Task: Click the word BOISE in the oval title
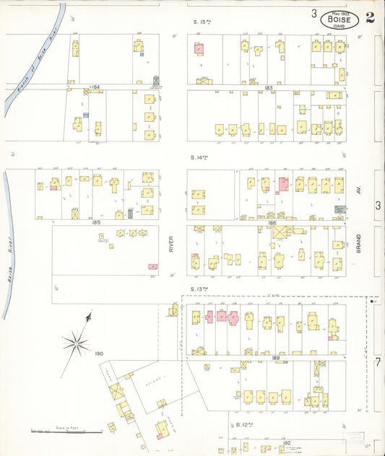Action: pos(339,19)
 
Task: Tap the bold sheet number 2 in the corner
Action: pos(370,18)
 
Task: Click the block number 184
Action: pos(95,87)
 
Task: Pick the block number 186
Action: pos(272,223)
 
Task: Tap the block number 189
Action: pos(275,358)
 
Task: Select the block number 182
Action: pos(287,442)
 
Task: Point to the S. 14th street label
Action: pos(199,157)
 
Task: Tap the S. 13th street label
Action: pos(199,289)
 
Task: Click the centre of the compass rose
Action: pos(76,343)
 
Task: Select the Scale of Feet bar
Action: pos(66,432)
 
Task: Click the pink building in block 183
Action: pos(199,49)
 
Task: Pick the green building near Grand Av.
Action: pos(338,209)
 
